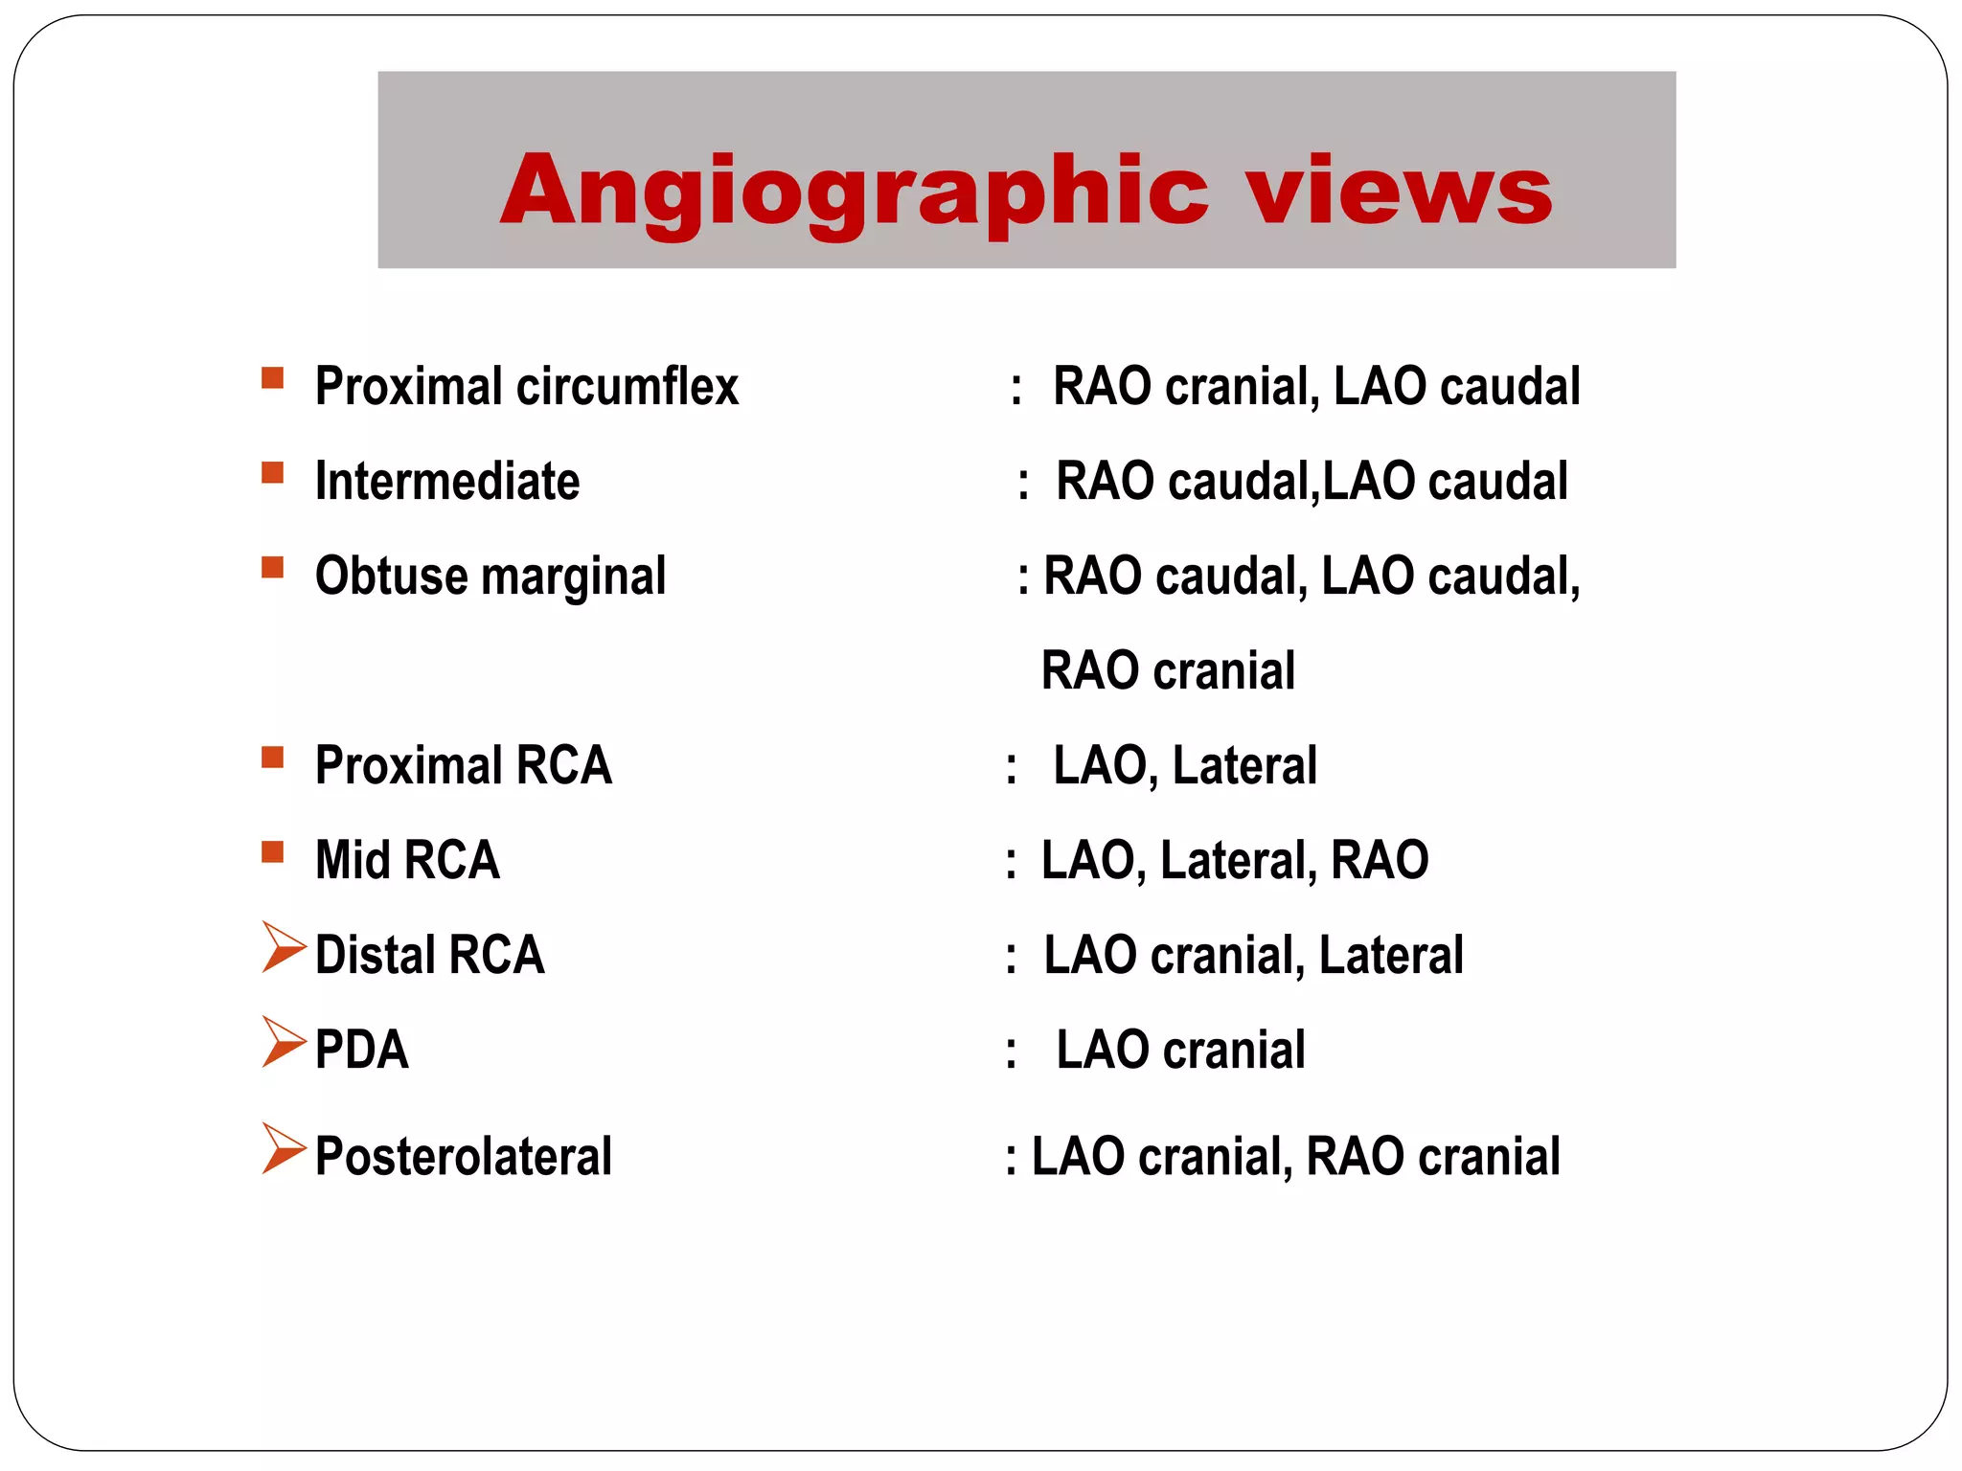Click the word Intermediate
click(447, 482)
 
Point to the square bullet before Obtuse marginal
click(272, 567)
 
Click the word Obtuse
click(391, 577)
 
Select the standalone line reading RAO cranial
click(1168, 670)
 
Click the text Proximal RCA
click(464, 765)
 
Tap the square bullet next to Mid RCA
click(272, 852)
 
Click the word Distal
click(375, 956)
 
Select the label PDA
click(362, 1051)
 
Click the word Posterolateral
click(464, 1156)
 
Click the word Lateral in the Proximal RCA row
click(1244, 765)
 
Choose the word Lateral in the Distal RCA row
click(1391, 956)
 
